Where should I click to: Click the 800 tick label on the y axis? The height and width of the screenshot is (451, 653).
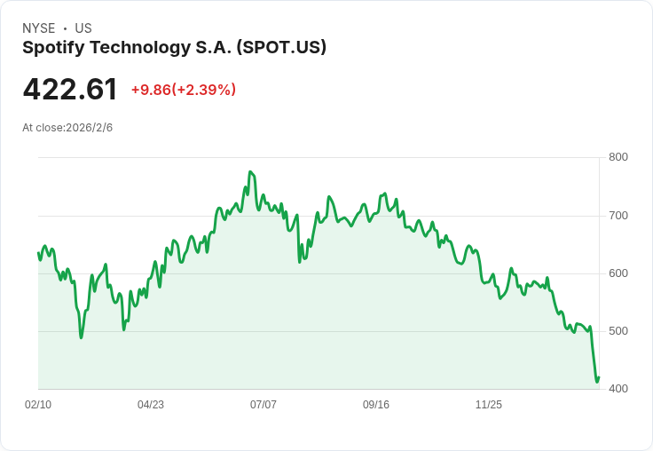click(618, 158)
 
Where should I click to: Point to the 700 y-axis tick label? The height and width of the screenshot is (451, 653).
click(618, 216)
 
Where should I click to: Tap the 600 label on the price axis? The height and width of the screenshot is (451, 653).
click(618, 273)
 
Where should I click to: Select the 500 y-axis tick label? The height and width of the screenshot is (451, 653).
click(618, 331)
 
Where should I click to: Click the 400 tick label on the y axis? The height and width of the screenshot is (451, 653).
click(618, 389)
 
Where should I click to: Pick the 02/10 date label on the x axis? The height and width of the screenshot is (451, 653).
click(38, 405)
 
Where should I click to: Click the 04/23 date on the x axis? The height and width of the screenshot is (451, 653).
click(151, 405)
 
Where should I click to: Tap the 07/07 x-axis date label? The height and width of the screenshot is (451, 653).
click(264, 405)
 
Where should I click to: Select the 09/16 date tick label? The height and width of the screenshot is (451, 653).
click(376, 405)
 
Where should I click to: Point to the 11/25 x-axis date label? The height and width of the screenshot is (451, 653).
click(489, 405)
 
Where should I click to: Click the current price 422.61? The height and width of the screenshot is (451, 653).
click(70, 90)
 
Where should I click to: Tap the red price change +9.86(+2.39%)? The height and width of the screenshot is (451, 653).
click(183, 90)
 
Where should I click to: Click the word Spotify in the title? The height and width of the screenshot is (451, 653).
click(52, 48)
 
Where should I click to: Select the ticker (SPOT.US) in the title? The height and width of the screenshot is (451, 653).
click(281, 48)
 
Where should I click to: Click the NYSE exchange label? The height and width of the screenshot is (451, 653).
click(39, 28)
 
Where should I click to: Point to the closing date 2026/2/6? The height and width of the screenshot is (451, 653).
click(90, 128)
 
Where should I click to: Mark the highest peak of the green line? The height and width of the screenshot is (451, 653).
click(250, 172)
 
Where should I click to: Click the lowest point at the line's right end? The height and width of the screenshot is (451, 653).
click(597, 383)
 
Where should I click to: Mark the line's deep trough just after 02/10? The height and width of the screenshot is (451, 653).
click(81, 337)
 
